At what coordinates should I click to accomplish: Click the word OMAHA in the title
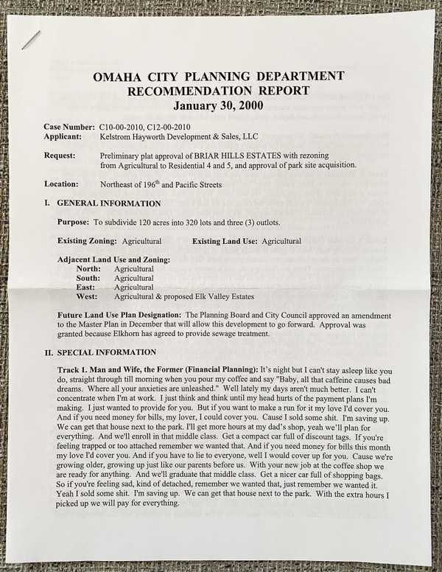tap(121, 77)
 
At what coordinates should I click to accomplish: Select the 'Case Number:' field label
tap(69, 127)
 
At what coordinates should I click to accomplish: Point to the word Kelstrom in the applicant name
tap(118, 136)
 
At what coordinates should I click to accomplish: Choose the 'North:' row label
tap(88, 268)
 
